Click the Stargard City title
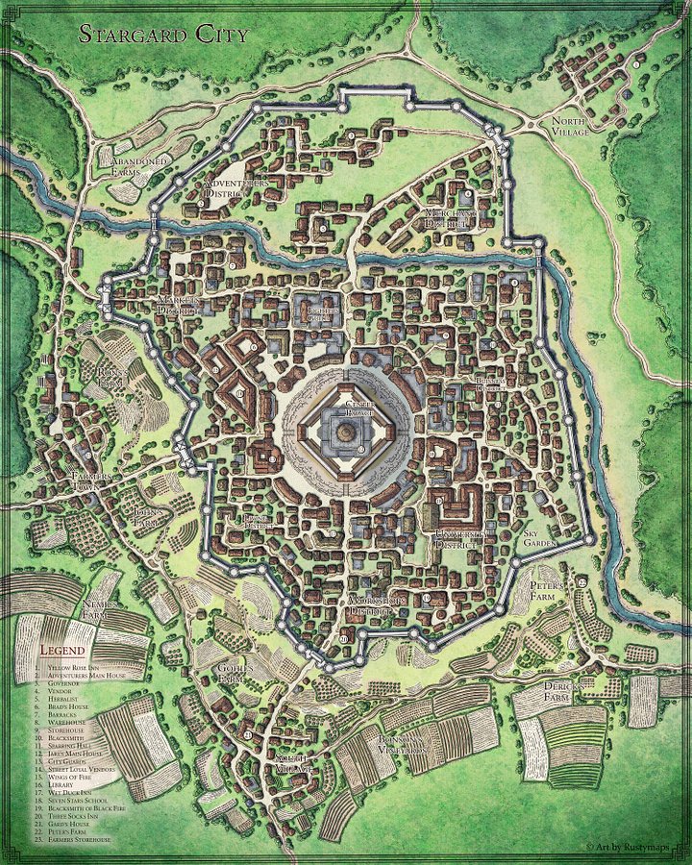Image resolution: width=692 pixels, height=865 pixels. click(x=162, y=35)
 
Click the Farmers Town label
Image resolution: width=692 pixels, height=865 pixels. click(x=92, y=481)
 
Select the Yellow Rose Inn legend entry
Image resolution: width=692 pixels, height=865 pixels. click(x=82, y=666)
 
